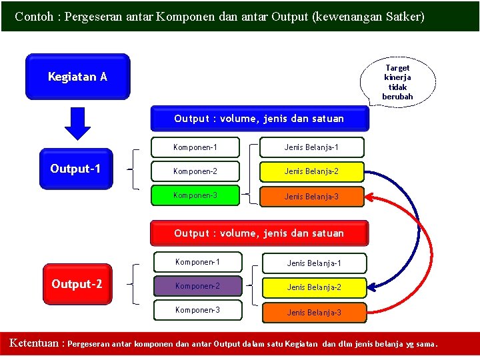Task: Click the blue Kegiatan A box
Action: (x=77, y=77)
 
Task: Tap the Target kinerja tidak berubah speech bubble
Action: (x=397, y=81)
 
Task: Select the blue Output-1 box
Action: (x=76, y=169)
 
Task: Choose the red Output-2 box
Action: (x=77, y=284)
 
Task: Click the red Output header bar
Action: (x=259, y=233)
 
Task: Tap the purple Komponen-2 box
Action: (x=197, y=287)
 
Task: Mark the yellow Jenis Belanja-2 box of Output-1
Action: (x=311, y=171)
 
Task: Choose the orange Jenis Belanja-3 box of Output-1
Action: (x=311, y=197)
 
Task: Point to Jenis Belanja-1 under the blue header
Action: (x=311, y=147)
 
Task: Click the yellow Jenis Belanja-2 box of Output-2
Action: (x=313, y=287)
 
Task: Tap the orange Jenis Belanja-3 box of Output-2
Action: (x=313, y=313)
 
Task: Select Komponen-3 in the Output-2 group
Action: (x=197, y=311)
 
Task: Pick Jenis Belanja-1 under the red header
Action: (x=313, y=263)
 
